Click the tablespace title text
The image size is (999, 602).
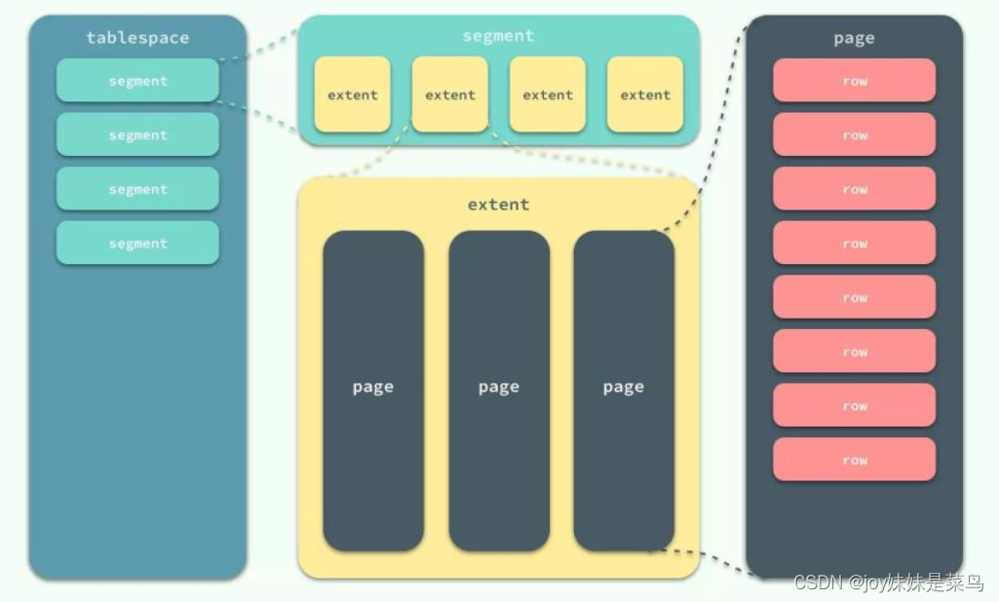coord(137,38)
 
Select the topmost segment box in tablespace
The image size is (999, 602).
coord(137,81)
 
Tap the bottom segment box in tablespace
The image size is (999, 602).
coord(137,244)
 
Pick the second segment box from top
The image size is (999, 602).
coord(137,135)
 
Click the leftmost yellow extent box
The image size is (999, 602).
coord(352,94)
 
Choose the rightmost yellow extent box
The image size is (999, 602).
coord(645,94)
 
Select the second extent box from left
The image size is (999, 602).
coord(450,94)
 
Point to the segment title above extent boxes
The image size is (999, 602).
coord(498,36)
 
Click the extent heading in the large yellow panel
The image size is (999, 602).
coord(498,205)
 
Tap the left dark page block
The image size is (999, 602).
coord(373,390)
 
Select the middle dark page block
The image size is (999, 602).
coord(498,390)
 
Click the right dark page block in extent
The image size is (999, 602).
coord(624,390)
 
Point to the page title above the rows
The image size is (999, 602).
coord(854,38)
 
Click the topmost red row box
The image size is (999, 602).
coord(854,81)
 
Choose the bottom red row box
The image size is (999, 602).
coord(854,460)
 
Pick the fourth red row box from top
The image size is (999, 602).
coord(854,244)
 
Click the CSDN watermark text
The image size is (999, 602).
coord(888,583)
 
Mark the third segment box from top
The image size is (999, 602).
coord(137,189)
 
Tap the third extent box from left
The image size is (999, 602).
coord(548,94)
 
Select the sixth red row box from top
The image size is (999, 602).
coord(854,352)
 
